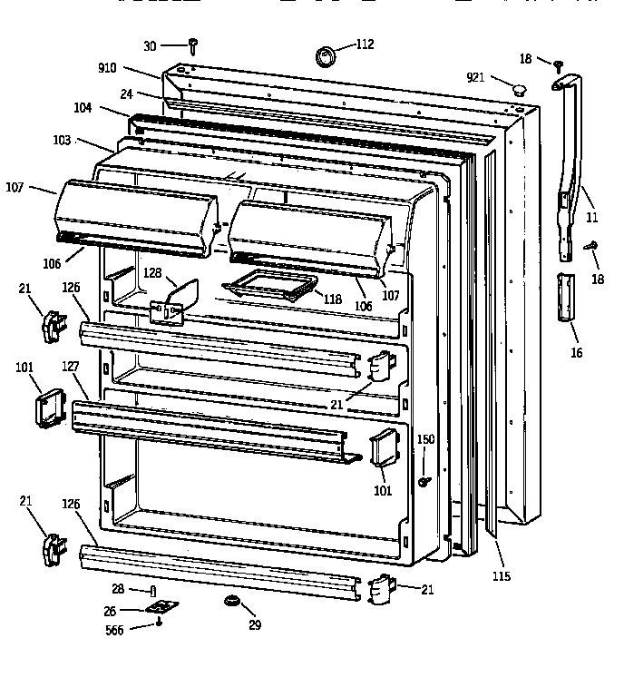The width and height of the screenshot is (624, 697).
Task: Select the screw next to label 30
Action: (194, 45)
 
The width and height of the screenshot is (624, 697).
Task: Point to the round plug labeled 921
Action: (520, 89)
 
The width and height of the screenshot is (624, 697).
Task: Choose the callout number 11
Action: (591, 218)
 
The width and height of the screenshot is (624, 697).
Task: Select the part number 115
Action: (501, 576)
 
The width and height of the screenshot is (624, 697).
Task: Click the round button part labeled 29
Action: (232, 602)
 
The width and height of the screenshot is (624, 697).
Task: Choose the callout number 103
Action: (87, 141)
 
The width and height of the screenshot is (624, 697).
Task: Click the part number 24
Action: (126, 93)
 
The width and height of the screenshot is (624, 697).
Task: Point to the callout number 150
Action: (425, 440)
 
